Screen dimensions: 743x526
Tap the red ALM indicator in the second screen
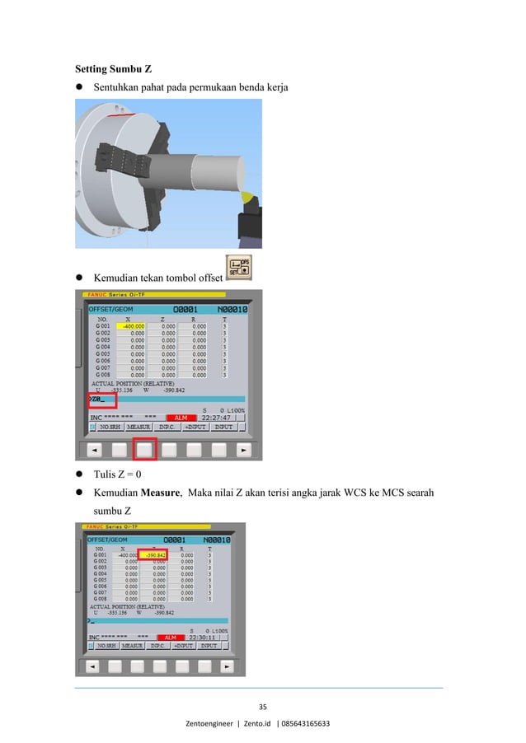(x=171, y=637)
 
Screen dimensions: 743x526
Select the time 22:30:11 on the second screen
(x=204, y=637)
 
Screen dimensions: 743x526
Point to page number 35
(x=263, y=705)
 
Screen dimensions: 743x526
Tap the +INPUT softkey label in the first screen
(x=195, y=427)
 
